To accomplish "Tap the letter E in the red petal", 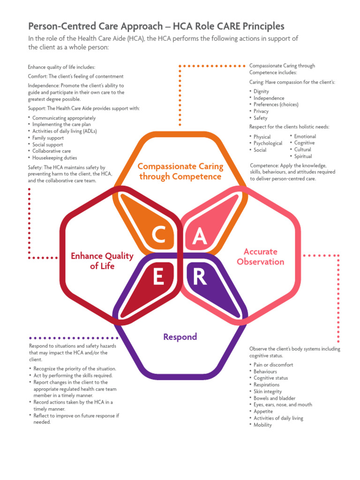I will coord(158,277).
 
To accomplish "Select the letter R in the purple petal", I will coord(200,277).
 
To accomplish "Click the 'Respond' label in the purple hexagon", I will coord(180,337).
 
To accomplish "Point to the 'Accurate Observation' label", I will coord(261,256).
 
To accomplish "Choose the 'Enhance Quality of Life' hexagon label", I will coord(102,261).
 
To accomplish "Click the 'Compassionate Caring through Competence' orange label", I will coord(180,171).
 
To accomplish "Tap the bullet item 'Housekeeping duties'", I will coord(54,158).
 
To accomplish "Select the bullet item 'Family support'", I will coord(48,138).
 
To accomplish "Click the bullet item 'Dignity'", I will coord(262,91).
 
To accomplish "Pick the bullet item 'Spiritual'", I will coord(303,156).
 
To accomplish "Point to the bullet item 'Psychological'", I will coord(268,143).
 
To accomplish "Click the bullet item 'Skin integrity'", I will coord(268,391).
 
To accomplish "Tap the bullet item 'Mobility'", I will coord(262,425).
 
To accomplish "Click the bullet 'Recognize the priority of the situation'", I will coord(75,369).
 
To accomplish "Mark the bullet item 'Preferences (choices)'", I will coord(276,105).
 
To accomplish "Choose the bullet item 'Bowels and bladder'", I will coord(274,398).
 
